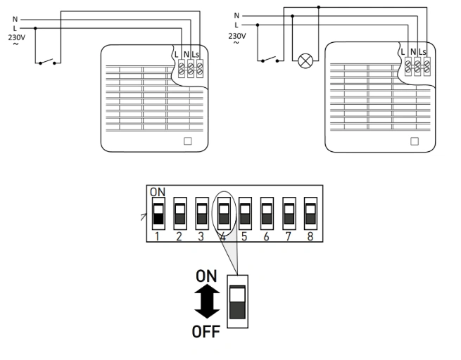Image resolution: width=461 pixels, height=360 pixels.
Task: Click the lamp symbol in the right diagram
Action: pyautogui.click(x=305, y=60)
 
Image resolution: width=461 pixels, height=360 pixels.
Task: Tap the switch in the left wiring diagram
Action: pyautogui.click(x=47, y=60)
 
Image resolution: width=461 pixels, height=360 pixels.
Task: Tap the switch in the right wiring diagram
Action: pyautogui.click(x=269, y=59)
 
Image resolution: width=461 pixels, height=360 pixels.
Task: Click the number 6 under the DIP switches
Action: pyautogui.click(x=266, y=236)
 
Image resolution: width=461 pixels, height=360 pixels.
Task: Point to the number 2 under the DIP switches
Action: pyautogui.click(x=179, y=236)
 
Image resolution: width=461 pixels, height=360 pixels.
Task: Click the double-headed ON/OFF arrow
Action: pyautogui.click(x=206, y=304)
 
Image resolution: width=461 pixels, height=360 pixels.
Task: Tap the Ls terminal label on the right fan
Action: pyautogui.click(x=422, y=52)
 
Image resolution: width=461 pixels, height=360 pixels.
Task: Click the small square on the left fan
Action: pyautogui.click(x=187, y=140)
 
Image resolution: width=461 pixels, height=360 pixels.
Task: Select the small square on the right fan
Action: pyautogui.click(x=413, y=140)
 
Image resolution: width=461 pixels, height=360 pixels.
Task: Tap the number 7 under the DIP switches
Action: pyautogui.click(x=288, y=236)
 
